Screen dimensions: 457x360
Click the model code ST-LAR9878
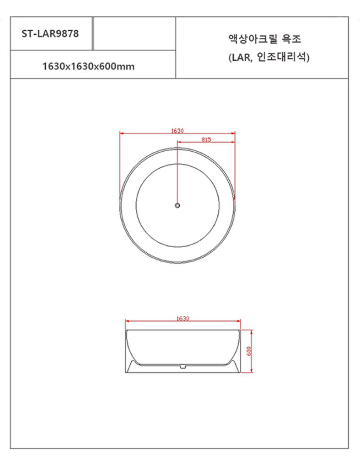tap(50, 33)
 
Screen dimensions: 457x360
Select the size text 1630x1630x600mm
tap(88, 66)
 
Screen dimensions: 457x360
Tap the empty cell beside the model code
tap(134, 33)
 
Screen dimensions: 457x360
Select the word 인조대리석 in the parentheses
tap(285, 58)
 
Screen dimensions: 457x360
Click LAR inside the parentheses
tap(241, 58)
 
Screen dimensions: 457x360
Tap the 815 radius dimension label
tap(206, 139)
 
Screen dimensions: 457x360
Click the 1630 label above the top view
tap(177, 131)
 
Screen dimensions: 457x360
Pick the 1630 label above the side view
tap(183, 319)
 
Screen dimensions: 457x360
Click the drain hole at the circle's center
tap(177, 206)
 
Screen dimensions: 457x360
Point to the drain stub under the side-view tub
tap(183, 366)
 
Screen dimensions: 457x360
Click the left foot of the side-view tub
tap(131, 368)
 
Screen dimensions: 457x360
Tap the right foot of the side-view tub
tap(235, 368)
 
